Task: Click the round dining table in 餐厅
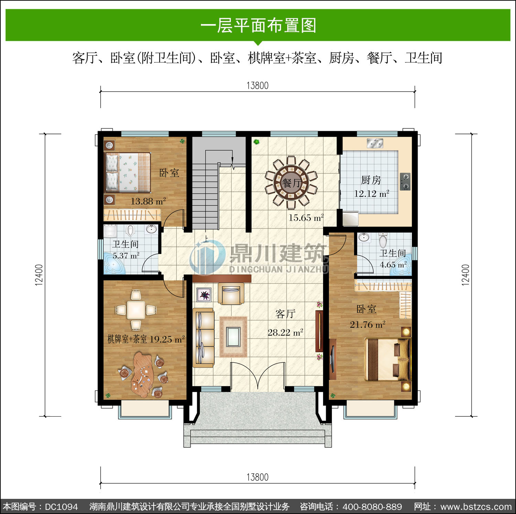point(291,183)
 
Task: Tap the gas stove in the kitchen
point(405,181)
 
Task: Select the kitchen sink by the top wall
point(375,143)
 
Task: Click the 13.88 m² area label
point(148,201)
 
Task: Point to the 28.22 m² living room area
point(286,333)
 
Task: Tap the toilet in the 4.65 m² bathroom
point(383,240)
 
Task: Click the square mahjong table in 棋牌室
point(136,310)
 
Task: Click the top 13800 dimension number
point(257,85)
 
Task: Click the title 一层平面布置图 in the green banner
point(258,25)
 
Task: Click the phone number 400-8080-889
point(372,507)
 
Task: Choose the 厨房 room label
point(371,180)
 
